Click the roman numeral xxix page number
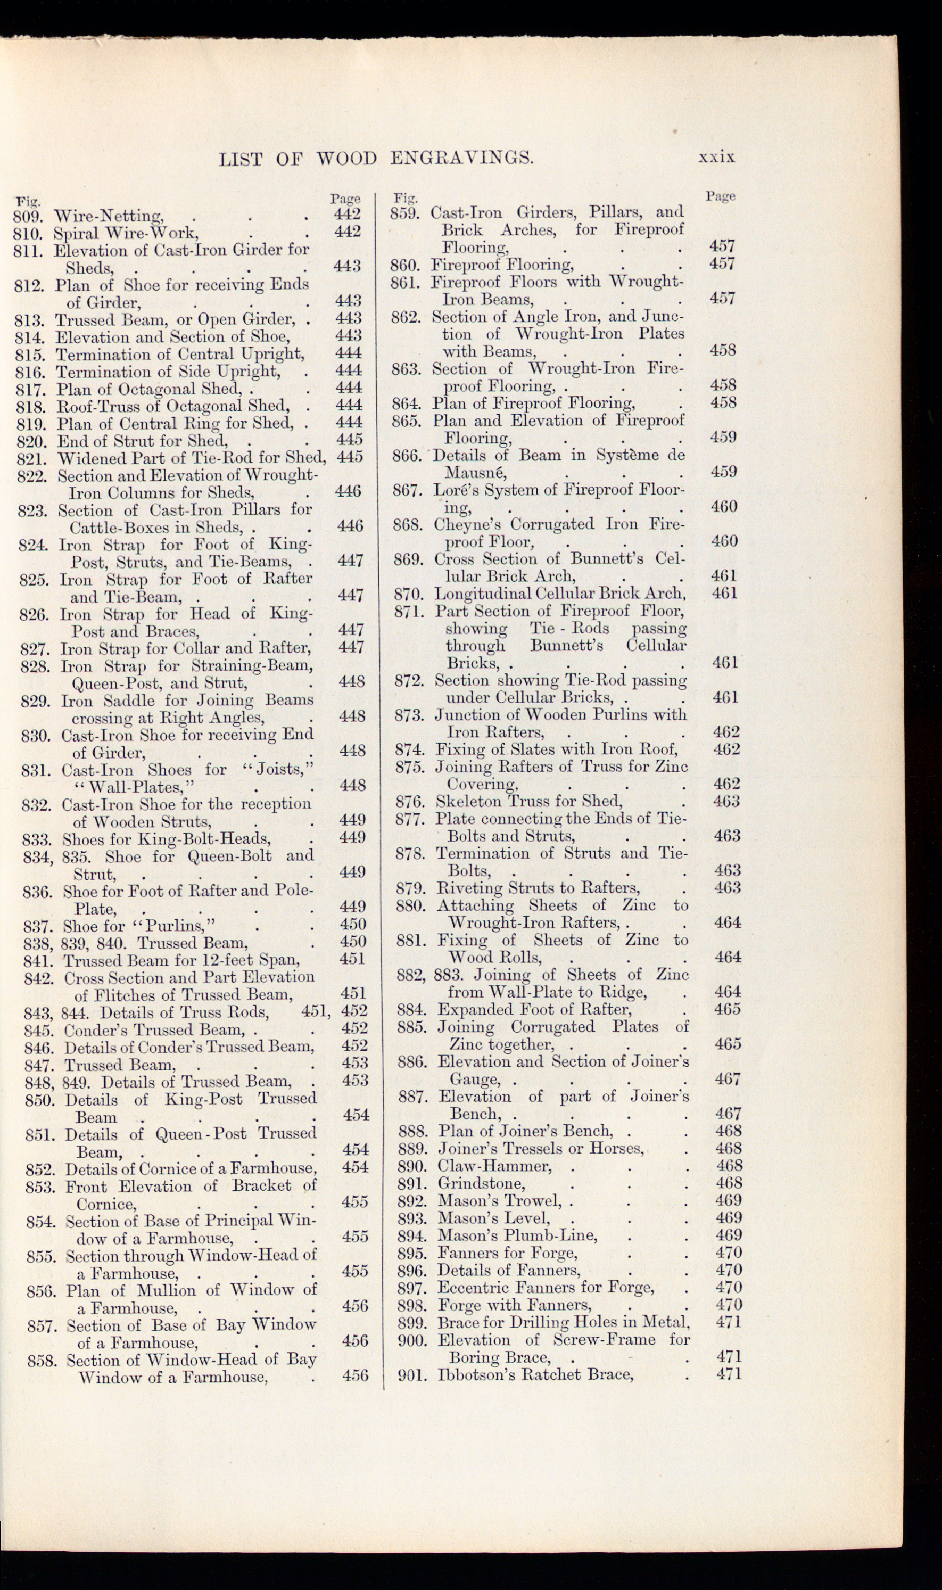pyautogui.click(x=716, y=157)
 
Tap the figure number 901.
pyautogui.click(x=411, y=1374)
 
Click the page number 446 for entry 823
pyautogui.click(x=350, y=526)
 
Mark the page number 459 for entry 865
pyautogui.click(x=723, y=438)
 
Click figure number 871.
pyautogui.click(x=409, y=611)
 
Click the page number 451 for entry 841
pyautogui.click(x=352, y=959)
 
